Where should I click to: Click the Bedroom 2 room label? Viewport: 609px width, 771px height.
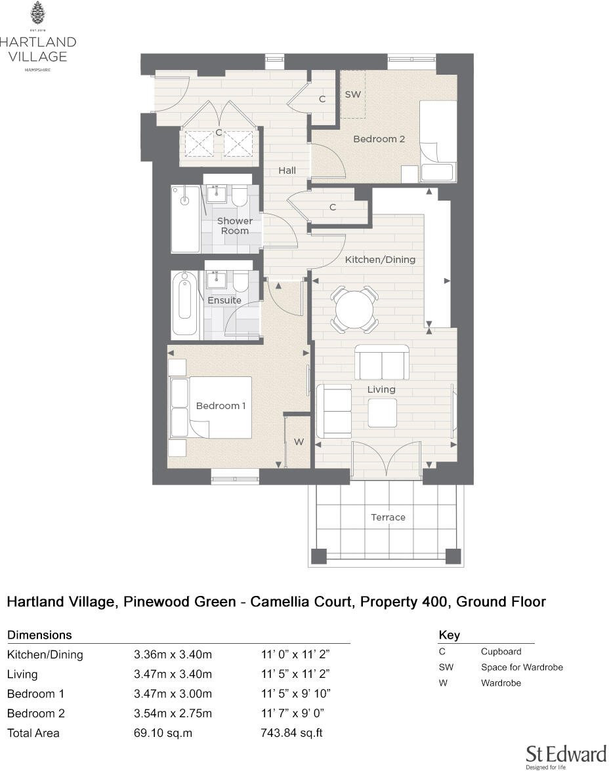tap(375, 139)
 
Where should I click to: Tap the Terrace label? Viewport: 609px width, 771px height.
tap(388, 517)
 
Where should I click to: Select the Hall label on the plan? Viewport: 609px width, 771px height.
tap(287, 170)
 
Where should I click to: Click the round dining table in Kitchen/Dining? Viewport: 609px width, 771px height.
tap(355, 306)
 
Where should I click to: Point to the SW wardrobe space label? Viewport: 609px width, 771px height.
tap(353, 94)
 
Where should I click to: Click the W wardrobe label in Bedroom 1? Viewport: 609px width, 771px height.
tap(299, 443)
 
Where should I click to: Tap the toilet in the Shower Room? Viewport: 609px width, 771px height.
tap(238, 195)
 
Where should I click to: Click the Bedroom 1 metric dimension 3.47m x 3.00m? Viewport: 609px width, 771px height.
tap(173, 694)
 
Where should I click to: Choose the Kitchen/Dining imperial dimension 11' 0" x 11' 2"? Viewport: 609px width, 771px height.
tap(295, 654)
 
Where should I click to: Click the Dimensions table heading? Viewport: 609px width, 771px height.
tap(39, 635)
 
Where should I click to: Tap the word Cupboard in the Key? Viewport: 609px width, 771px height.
tap(501, 652)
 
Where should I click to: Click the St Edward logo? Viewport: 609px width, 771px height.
tap(565, 755)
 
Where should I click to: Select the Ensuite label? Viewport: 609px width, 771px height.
tap(224, 300)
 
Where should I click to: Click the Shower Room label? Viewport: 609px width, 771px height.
tap(234, 226)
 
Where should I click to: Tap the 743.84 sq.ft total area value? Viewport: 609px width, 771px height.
tap(291, 733)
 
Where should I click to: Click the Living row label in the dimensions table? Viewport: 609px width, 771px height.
tap(22, 674)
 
